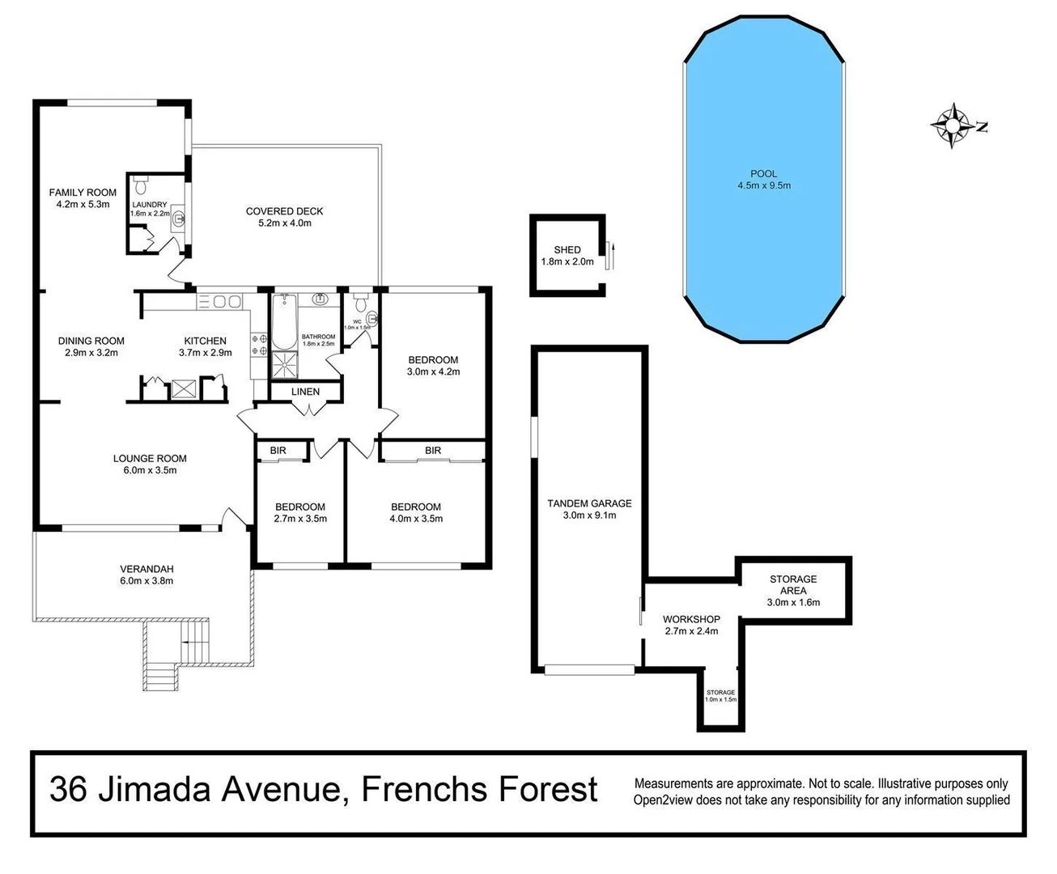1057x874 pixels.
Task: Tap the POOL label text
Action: [x=763, y=173]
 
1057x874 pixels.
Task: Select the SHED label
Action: [x=567, y=250]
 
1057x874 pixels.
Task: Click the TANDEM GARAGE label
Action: [x=588, y=503]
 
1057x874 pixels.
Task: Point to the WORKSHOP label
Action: [x=691, y=619]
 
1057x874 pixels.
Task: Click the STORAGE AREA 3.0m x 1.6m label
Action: [x=792, y=590]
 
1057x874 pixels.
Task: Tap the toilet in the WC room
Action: [x=371, y=317]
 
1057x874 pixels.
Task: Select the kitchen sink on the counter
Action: [x=221, y=302]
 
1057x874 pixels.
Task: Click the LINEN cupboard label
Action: [x=305, y=392]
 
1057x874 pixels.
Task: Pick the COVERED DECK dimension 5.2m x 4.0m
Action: [x=284, y=223]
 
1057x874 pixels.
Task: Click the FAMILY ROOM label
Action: [x=83, y=193]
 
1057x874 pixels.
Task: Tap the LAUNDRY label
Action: [x=150, y=205]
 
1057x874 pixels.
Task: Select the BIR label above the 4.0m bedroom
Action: [x=433, y=451]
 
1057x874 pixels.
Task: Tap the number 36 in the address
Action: [x=69, y=789]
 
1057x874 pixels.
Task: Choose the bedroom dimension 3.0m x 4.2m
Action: [x=433, y=372]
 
